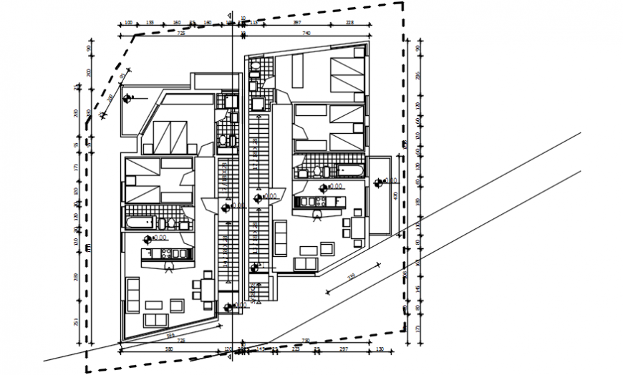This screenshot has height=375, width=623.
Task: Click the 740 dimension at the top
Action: click(x=306, y=33)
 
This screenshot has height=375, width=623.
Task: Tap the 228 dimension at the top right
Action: click(x=349, y=23)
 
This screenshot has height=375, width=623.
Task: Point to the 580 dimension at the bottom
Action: click(x=168, y=349)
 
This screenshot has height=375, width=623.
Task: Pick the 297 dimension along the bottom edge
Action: click(x=343, y=349)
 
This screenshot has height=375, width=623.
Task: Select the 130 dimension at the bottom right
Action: click(x=380, y=349)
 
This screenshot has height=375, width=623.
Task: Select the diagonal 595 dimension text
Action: click(x=170, y=334)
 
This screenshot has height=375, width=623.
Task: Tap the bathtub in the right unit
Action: click(x=350, y=171)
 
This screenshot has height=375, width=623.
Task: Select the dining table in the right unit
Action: click(x=357, y=228)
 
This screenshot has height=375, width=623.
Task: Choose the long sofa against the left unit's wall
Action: click(x=133, y=296)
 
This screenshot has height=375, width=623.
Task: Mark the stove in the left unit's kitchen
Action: click(x=167, y=253)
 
